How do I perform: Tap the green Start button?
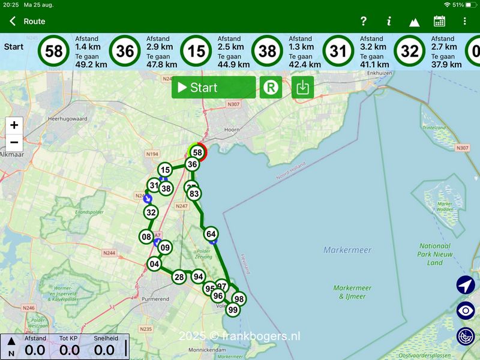[x=213, y=88]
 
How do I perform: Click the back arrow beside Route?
[x=13, y=22]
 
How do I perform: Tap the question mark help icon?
[x=363, y=22]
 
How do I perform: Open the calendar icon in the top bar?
[x=439, y=22]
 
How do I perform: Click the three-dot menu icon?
[x=464, y=22]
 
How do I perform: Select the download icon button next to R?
[x=303, y=88]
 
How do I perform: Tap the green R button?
[x=271, y=88]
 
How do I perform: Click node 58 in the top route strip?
[x=54, y=52]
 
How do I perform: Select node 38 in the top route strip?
[x=267, y=52]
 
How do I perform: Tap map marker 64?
[x=211, y=234]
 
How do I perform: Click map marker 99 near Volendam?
[x=233, y=310]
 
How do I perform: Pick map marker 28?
[x=179, y=277]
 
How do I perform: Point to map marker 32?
[x=151, y=212]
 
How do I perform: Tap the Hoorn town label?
[x=231, y=129]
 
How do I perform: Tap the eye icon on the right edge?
[x=466, y=310]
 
